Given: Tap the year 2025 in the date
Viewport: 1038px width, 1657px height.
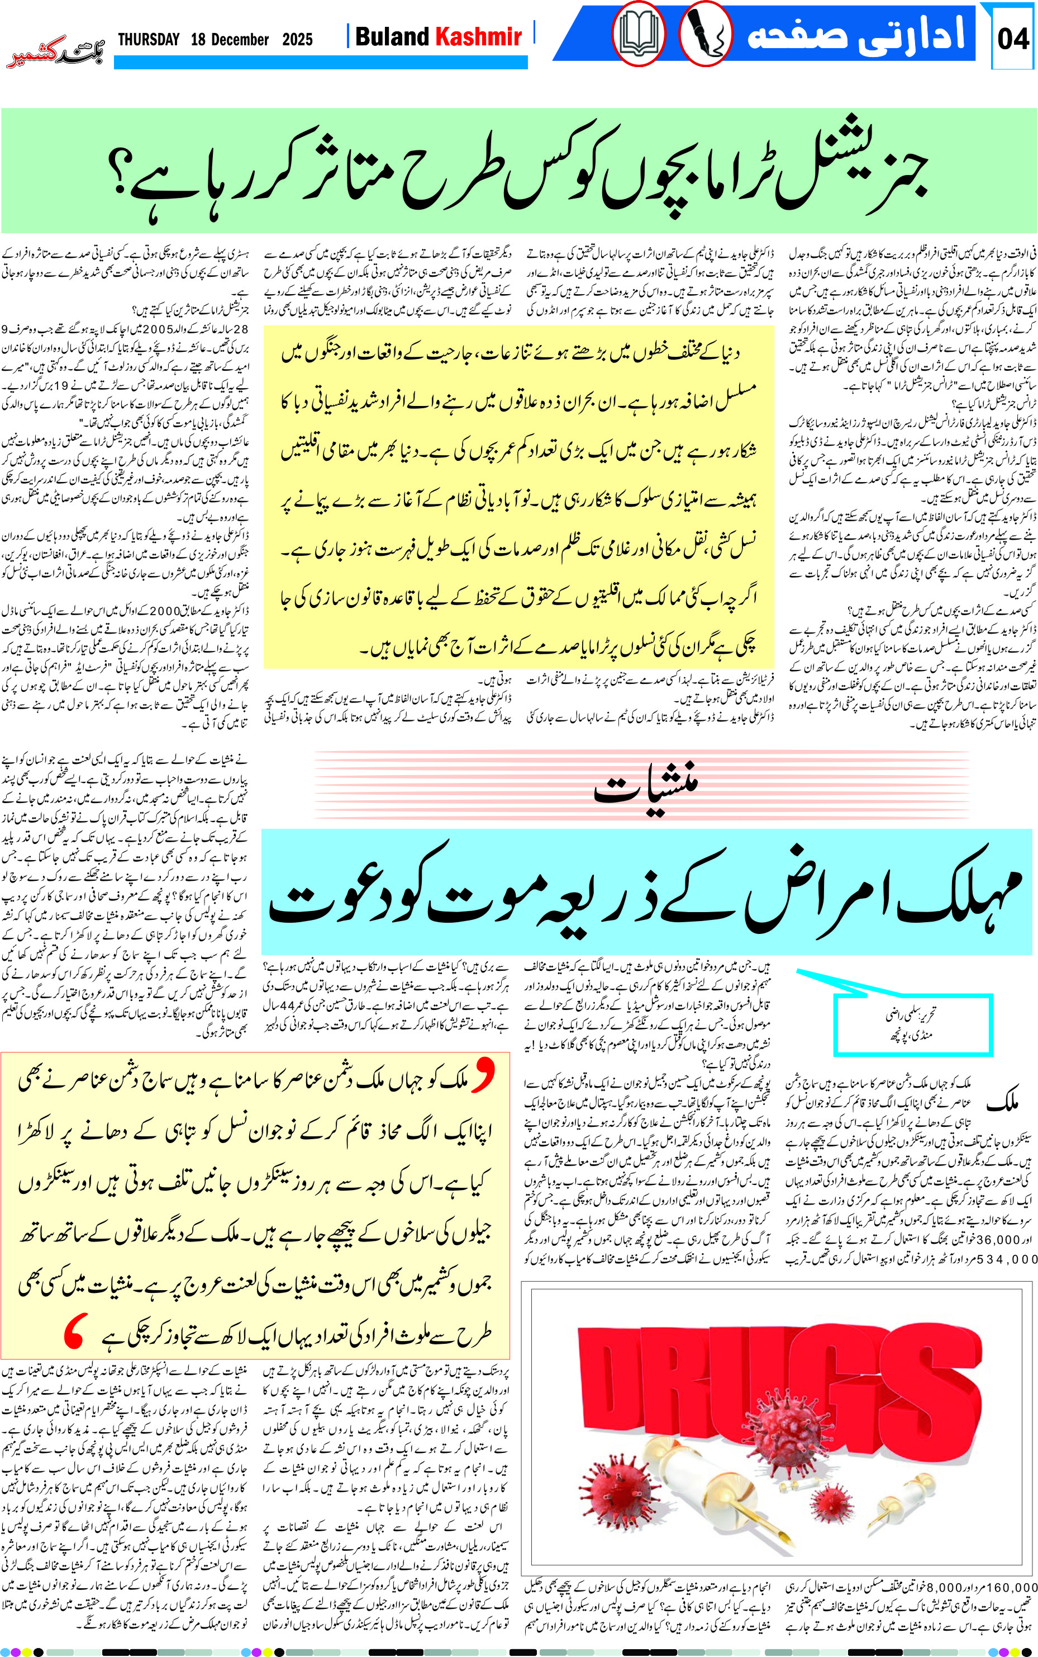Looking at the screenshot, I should (297, 40).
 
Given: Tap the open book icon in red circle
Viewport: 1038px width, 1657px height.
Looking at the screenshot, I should (639, 34).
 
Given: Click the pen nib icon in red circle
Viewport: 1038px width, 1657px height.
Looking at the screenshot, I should (706, 34).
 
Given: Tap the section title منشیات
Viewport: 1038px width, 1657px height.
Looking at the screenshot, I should (645, 790).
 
